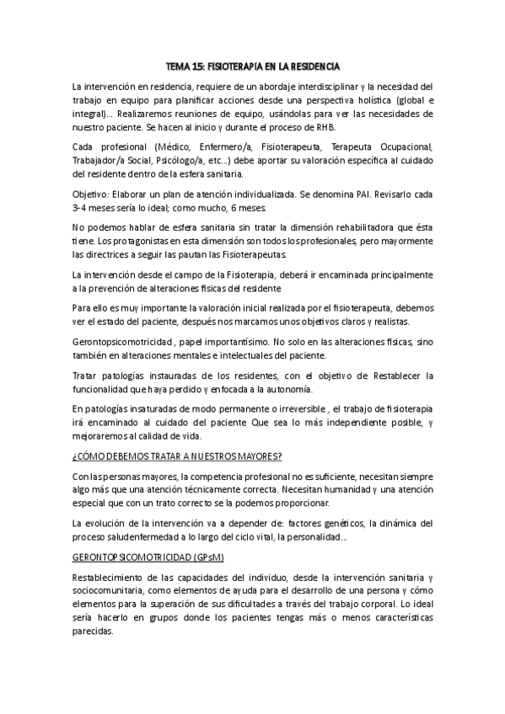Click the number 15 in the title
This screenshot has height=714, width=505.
click(x=201, y=66)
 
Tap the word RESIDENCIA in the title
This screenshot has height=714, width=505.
click(x=313, y=66)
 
